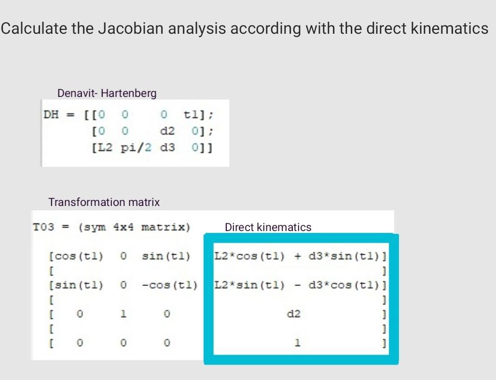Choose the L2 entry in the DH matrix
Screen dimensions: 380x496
(102, 147)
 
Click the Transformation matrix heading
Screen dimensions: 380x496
(104, 203)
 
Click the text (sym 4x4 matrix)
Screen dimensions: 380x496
(134, 227)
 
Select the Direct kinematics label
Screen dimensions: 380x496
(268, 227)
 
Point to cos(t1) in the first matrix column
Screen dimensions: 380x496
(77, 256)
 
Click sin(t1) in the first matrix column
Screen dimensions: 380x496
(77, 285)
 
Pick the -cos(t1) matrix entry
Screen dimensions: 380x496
(169, 285)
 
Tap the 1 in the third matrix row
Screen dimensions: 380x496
(124, 314)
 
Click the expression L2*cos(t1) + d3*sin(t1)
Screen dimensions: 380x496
(299, 256)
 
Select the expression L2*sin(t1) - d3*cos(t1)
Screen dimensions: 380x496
(299, 285)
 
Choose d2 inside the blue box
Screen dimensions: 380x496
(294, 314)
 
